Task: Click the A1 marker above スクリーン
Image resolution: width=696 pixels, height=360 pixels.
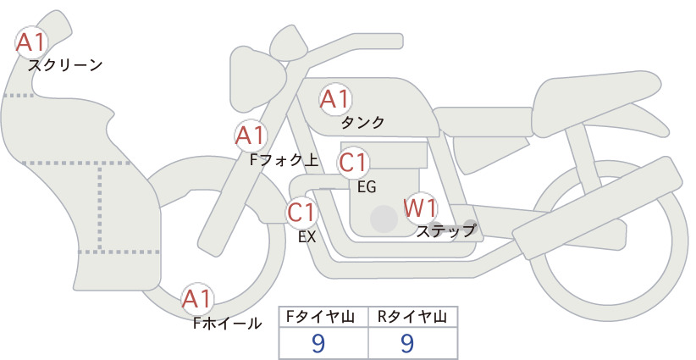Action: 30,42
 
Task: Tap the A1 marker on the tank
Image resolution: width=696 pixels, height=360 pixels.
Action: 335,99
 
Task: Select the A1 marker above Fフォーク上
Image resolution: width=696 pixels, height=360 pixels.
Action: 251,136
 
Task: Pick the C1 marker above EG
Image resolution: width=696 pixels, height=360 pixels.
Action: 353,163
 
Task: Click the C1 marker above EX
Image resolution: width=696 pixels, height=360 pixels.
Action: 301,212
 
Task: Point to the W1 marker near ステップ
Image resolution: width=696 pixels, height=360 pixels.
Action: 420,208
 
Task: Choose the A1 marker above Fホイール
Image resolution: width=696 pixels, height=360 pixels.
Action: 197,299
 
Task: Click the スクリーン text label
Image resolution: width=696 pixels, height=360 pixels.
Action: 65,65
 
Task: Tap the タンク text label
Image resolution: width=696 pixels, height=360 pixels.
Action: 362,122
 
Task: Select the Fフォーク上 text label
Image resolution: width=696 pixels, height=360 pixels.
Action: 284,160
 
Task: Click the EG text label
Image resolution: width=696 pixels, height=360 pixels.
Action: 367,187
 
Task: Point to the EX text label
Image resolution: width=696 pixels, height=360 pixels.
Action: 307,237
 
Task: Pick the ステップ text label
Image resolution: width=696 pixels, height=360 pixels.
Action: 445,231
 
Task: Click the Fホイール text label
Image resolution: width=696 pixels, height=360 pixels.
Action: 227,324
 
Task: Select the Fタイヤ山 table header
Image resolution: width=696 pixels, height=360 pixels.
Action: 320,317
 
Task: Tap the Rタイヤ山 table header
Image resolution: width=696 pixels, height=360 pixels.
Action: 412,317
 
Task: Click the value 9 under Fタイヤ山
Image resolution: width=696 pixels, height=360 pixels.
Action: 318,343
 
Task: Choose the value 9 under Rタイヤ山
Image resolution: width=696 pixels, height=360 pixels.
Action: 407,343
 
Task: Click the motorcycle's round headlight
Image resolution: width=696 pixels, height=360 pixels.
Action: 258,80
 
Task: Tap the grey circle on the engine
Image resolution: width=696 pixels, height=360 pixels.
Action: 384,219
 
